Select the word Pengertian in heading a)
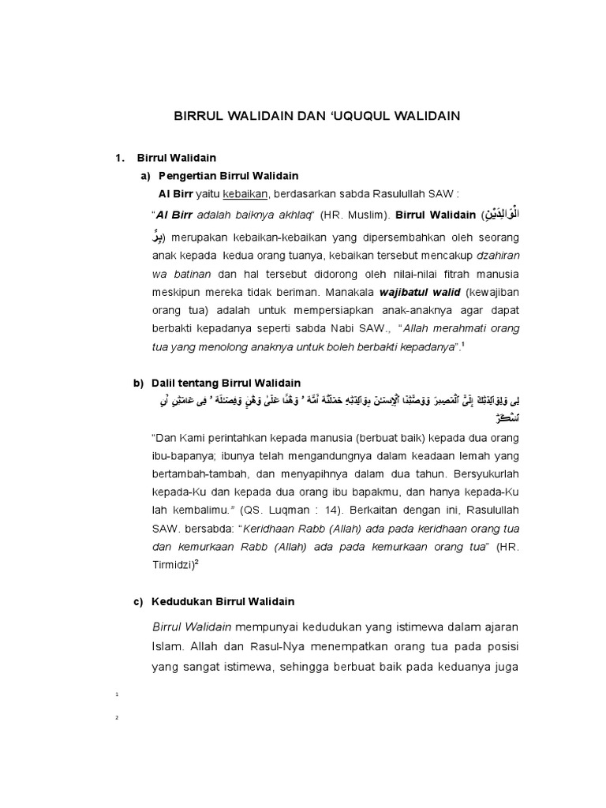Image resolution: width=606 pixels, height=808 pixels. (188, 175)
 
